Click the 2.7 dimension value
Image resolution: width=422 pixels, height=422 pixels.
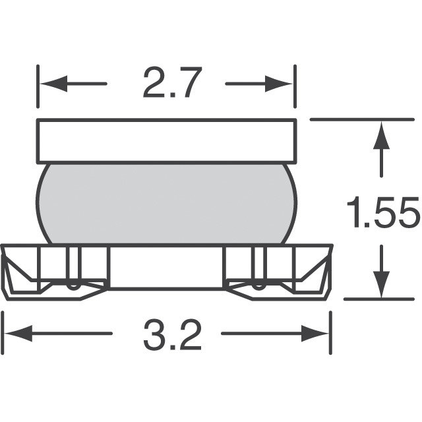click(172, 82)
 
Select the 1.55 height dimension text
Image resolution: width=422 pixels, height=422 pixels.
click(383, 212)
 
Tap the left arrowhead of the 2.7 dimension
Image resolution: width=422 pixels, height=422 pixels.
click(54, 84)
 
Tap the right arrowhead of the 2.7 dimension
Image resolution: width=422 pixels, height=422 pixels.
click(278, 84)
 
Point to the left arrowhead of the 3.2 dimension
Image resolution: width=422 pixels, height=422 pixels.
click(18, 333)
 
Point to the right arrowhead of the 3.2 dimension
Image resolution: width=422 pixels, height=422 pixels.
click(315, 333)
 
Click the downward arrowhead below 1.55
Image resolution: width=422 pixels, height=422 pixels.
click(381, 284)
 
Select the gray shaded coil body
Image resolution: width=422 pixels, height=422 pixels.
click(167, 204)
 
